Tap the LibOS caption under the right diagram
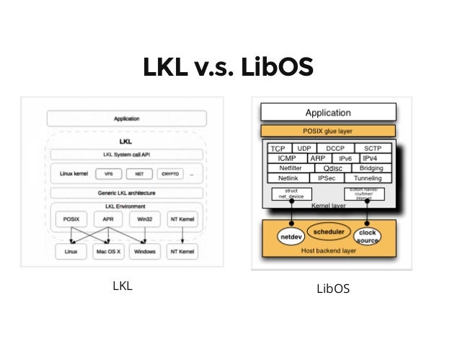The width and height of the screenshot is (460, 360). click(x=333, y=289)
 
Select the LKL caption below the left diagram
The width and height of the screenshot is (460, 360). click(x=123, y=286)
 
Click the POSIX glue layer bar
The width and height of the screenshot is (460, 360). click(x=327, y=131)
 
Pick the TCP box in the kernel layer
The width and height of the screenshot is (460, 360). click(x=278, y=149)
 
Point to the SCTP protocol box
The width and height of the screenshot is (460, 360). click(x=372, y=149)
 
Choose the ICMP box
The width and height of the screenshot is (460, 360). click(x=286, y=158)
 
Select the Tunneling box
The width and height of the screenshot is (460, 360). click(x=368, y=177)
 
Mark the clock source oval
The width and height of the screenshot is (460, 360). click(x=367, y=237)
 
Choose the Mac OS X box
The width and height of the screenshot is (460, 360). click(x=109, y=251)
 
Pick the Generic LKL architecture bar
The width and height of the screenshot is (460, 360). click(x=126, y=193)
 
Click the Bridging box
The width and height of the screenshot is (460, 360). click(x=371, y=167)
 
